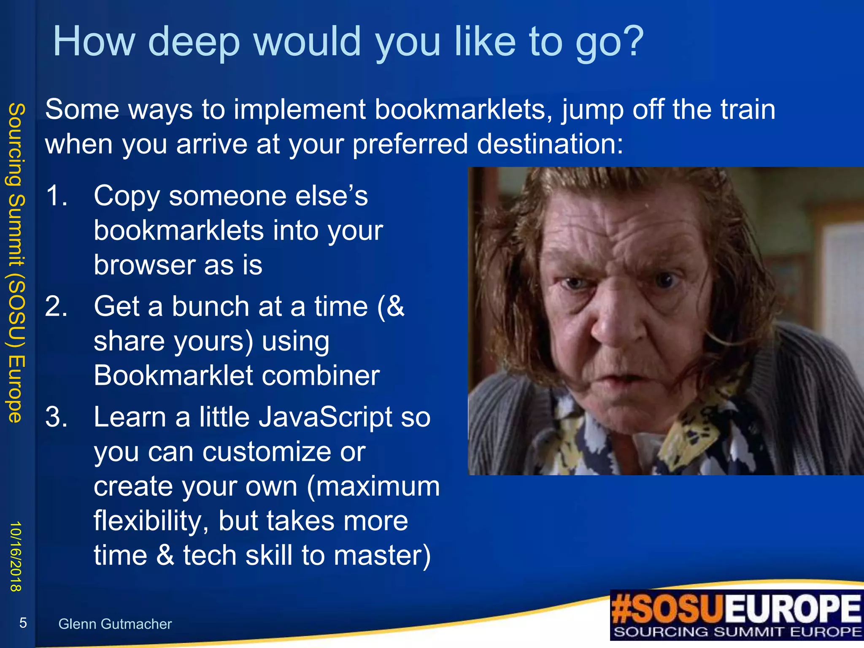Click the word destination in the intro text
[x=550, y=144]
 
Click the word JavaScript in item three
[x=325, y=417]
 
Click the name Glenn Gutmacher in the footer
[x=115, y=624]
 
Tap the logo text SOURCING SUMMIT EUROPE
[x=737, y=632]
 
